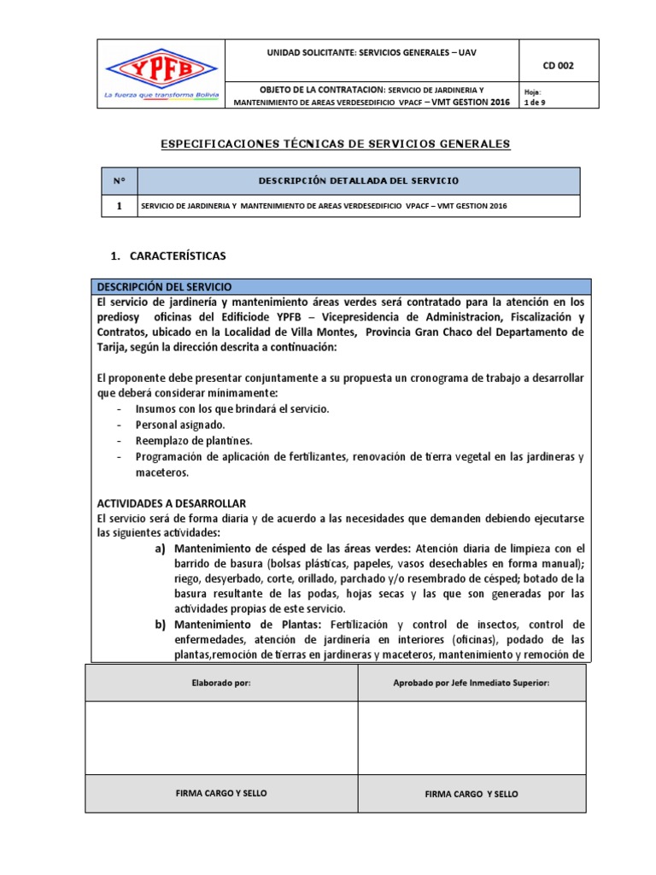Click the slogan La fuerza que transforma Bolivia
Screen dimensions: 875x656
tap(161, 95)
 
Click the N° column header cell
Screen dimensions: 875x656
tap(119, 181)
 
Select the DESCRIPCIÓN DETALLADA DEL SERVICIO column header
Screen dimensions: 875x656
tap(359, 181)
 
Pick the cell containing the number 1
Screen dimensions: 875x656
tap(119, 207)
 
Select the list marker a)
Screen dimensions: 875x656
tap(161, 549)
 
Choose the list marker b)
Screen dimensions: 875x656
tap(161, 625)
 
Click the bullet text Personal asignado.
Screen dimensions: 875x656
tap(180, 425)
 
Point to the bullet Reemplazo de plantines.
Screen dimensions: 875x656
tap(194, 441)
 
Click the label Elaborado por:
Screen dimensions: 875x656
tap(220, 684)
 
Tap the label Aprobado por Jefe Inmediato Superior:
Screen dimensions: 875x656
tap(471, 684)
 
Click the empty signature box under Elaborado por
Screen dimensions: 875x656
tap(220, 737)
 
